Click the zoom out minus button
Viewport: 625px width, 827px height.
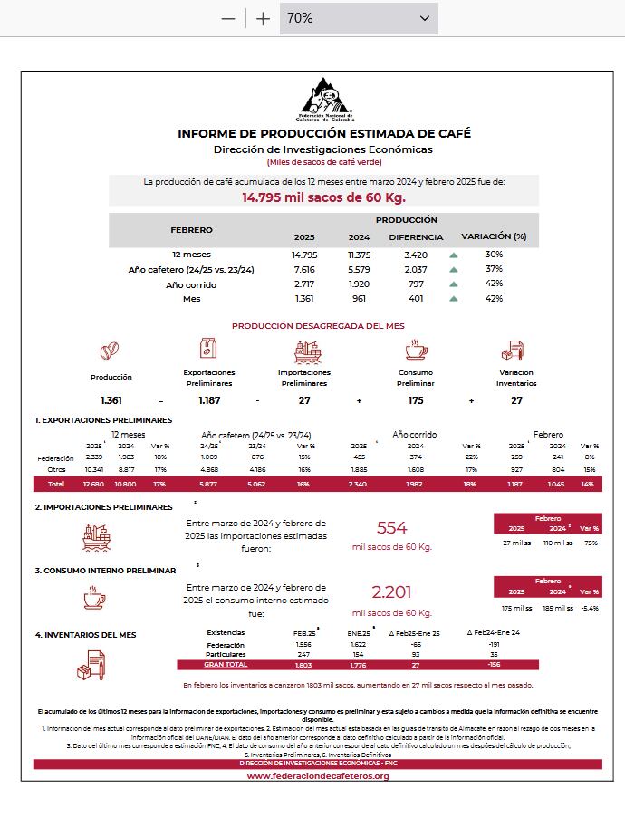228,18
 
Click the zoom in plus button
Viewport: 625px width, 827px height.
263,18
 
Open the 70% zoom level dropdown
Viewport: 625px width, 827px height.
358,18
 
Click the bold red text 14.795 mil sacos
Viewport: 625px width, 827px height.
323,197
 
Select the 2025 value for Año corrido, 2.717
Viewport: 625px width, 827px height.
304,284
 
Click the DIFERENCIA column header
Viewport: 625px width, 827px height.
416,237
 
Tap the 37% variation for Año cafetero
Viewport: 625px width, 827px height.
494,269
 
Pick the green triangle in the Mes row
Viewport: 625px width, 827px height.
454,299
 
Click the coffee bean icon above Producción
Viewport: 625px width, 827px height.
111,351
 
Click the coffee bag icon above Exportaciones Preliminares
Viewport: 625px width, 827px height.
208,349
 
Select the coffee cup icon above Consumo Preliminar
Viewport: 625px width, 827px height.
415,350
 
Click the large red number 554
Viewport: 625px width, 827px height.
392,528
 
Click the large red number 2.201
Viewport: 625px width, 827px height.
392,592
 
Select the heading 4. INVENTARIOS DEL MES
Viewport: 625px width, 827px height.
85,635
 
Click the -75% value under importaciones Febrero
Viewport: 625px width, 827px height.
590,543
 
